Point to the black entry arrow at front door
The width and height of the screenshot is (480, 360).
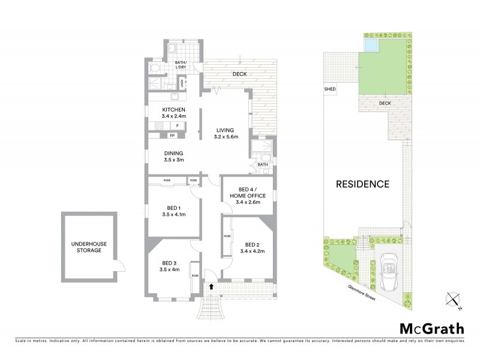pos(212,287)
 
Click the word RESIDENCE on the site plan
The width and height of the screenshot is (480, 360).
pos(362,184)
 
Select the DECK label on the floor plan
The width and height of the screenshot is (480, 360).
pos(239,74)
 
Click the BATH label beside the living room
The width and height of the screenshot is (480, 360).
pos(262,164)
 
